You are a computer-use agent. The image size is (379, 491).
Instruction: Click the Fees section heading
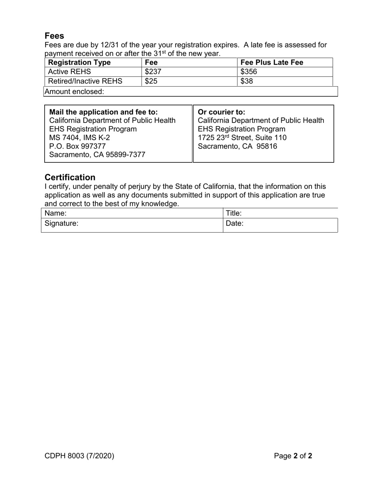point(54,36)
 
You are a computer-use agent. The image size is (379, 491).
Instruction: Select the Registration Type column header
point(79,63)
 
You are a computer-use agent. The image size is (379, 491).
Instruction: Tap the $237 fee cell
point(153,72)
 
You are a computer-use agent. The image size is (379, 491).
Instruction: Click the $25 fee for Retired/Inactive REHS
point(151,81)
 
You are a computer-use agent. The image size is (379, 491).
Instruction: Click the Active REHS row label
point(69,72)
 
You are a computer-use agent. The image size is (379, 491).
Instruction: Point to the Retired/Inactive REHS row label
point(85,81)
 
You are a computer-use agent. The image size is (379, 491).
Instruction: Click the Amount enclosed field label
point(74,92)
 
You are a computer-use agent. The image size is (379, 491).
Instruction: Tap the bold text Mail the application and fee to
point(103,112)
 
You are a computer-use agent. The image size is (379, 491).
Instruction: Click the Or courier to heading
point(221,112)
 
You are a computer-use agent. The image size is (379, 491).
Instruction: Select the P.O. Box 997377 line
point(77,146)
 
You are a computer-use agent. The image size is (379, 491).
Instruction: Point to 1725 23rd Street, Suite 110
point(242,138)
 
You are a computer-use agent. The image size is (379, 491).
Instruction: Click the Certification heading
point(70,177)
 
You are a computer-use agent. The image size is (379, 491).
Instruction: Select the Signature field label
point(61,224)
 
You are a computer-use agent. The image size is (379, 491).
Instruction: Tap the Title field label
point(234,213)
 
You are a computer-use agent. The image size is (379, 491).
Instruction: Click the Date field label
point(235,224)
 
